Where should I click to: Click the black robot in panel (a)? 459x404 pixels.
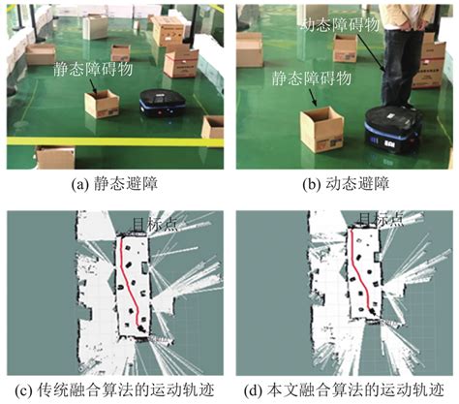pos(161,105)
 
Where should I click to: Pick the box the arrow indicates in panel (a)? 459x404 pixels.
pos(101,104)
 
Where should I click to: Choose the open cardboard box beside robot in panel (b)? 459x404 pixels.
pos(321,128)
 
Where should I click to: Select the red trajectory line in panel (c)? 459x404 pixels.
pos(129,281)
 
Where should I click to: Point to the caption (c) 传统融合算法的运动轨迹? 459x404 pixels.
pos(110,391)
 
